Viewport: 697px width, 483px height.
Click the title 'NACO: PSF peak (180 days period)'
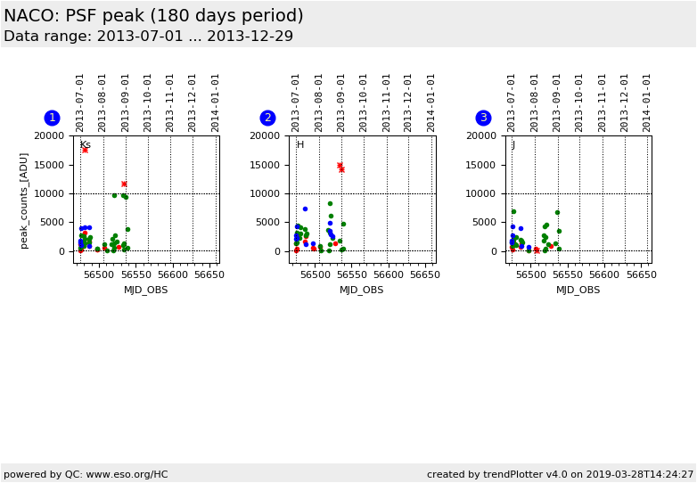click(153, 16)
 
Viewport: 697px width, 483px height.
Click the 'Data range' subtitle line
click(148, 37)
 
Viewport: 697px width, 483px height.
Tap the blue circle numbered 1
click(52, 118)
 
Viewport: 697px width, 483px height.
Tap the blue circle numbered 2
click(267, 118)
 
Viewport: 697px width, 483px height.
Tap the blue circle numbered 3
click(483, 118)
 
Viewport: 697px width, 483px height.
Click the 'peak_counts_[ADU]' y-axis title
click(24, 200)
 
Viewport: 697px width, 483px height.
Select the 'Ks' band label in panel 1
click(85, 144)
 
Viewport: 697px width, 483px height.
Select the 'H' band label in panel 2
click(300, 144)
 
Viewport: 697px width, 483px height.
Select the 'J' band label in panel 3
click(512, 144)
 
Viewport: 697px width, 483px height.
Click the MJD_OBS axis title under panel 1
click(145, 290)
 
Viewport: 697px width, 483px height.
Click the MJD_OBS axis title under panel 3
click(578, 290)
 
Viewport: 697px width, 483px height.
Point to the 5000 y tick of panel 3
click(486, 223)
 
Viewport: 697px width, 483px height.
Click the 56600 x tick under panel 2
click(389, 275)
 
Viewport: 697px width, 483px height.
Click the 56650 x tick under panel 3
click(641, 275)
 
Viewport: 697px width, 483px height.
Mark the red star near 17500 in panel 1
click(85, 150)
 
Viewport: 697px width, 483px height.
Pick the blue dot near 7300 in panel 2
click(305, 209)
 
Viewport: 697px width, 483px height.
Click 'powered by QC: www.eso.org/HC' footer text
click(86, 474)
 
